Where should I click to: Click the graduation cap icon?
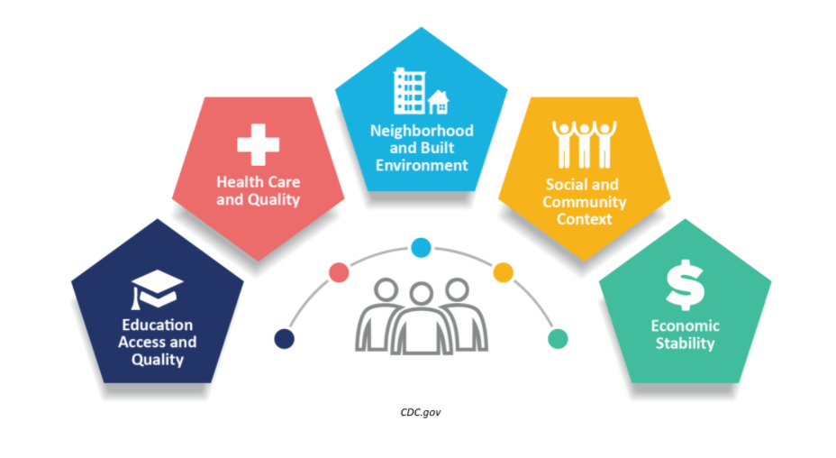click(x=157, y=289)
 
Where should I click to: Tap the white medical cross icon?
click(x=258, y=144)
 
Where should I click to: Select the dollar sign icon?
click(x=686, y=285)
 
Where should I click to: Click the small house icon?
click(x=438, y=103)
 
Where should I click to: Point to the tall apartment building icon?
click(x=409, y=91)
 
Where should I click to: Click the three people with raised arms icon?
click(x=585, y=144)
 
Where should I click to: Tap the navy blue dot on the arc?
click(x=284, y=339)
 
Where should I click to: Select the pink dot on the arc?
click(x=339, y=272)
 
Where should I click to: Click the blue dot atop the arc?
click(x=421, y=248)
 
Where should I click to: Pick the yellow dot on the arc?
click(x=503, y=272)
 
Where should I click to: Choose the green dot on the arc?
click(x=558, y=339)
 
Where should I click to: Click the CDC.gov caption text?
click(x=421, y=412)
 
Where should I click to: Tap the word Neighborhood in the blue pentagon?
click(x=422, y=131)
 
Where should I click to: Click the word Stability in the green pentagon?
click(x=686, y=343)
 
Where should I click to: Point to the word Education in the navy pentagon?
click(x=158, y=325)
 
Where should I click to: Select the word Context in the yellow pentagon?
click(x=585, y=219)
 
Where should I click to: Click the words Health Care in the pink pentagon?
click(x=258, y=182)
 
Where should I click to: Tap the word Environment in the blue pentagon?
click(x=422, y=165)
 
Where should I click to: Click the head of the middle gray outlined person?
click(x=421, y=294)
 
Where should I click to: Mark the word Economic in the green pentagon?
click(x=686, y=325)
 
